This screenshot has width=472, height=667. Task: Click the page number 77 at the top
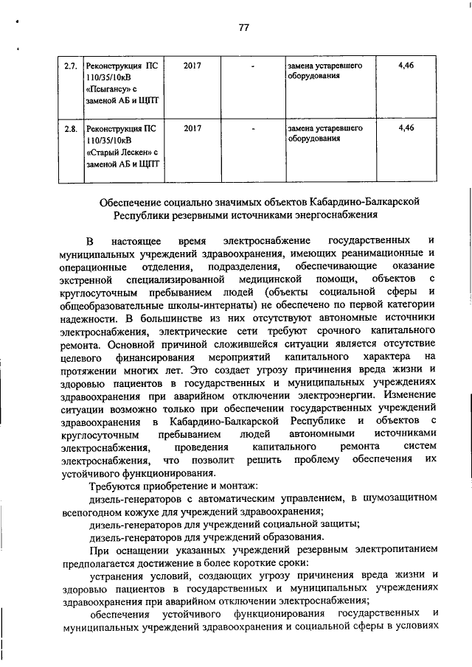point(245,28)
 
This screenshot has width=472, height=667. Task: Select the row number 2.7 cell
point(71,66)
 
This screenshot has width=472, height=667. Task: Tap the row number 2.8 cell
point(71,128)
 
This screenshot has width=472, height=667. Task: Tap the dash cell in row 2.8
point(253,128)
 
